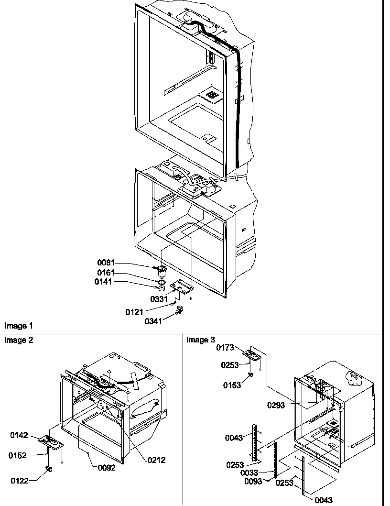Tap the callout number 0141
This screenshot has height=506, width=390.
tap(103, 282)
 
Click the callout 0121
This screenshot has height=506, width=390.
tap(135, 312)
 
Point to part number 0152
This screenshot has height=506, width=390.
tap(17, 456)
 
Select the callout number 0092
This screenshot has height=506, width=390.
tap(106, 468)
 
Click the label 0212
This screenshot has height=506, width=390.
tap(156, 460)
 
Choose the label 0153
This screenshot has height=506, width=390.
tap(232, 385)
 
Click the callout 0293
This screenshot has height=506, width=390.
tap(276, 406)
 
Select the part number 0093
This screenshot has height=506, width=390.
tap(254, 482)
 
